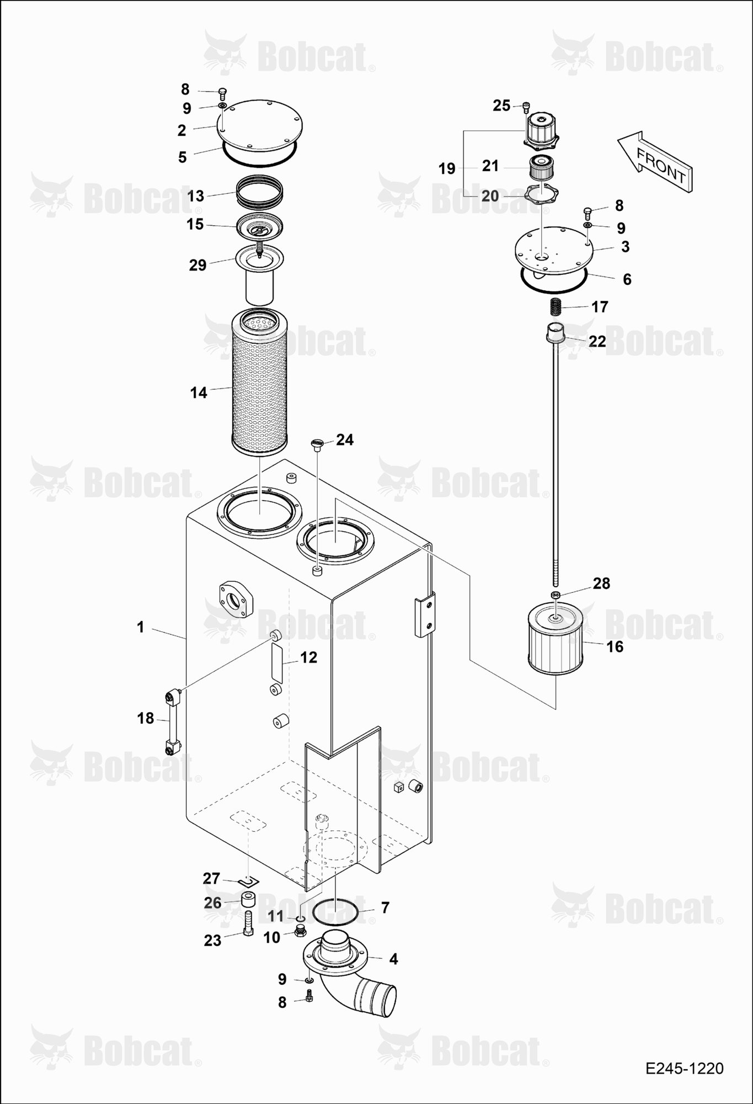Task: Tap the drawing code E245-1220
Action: [685, 1069]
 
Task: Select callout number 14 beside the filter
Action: [199, 392]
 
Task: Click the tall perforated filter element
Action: [260, 382]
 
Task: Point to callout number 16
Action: [615, 646]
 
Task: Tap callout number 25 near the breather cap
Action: [501, 105]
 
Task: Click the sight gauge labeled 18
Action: [173, 721]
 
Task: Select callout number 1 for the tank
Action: [141, 627]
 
